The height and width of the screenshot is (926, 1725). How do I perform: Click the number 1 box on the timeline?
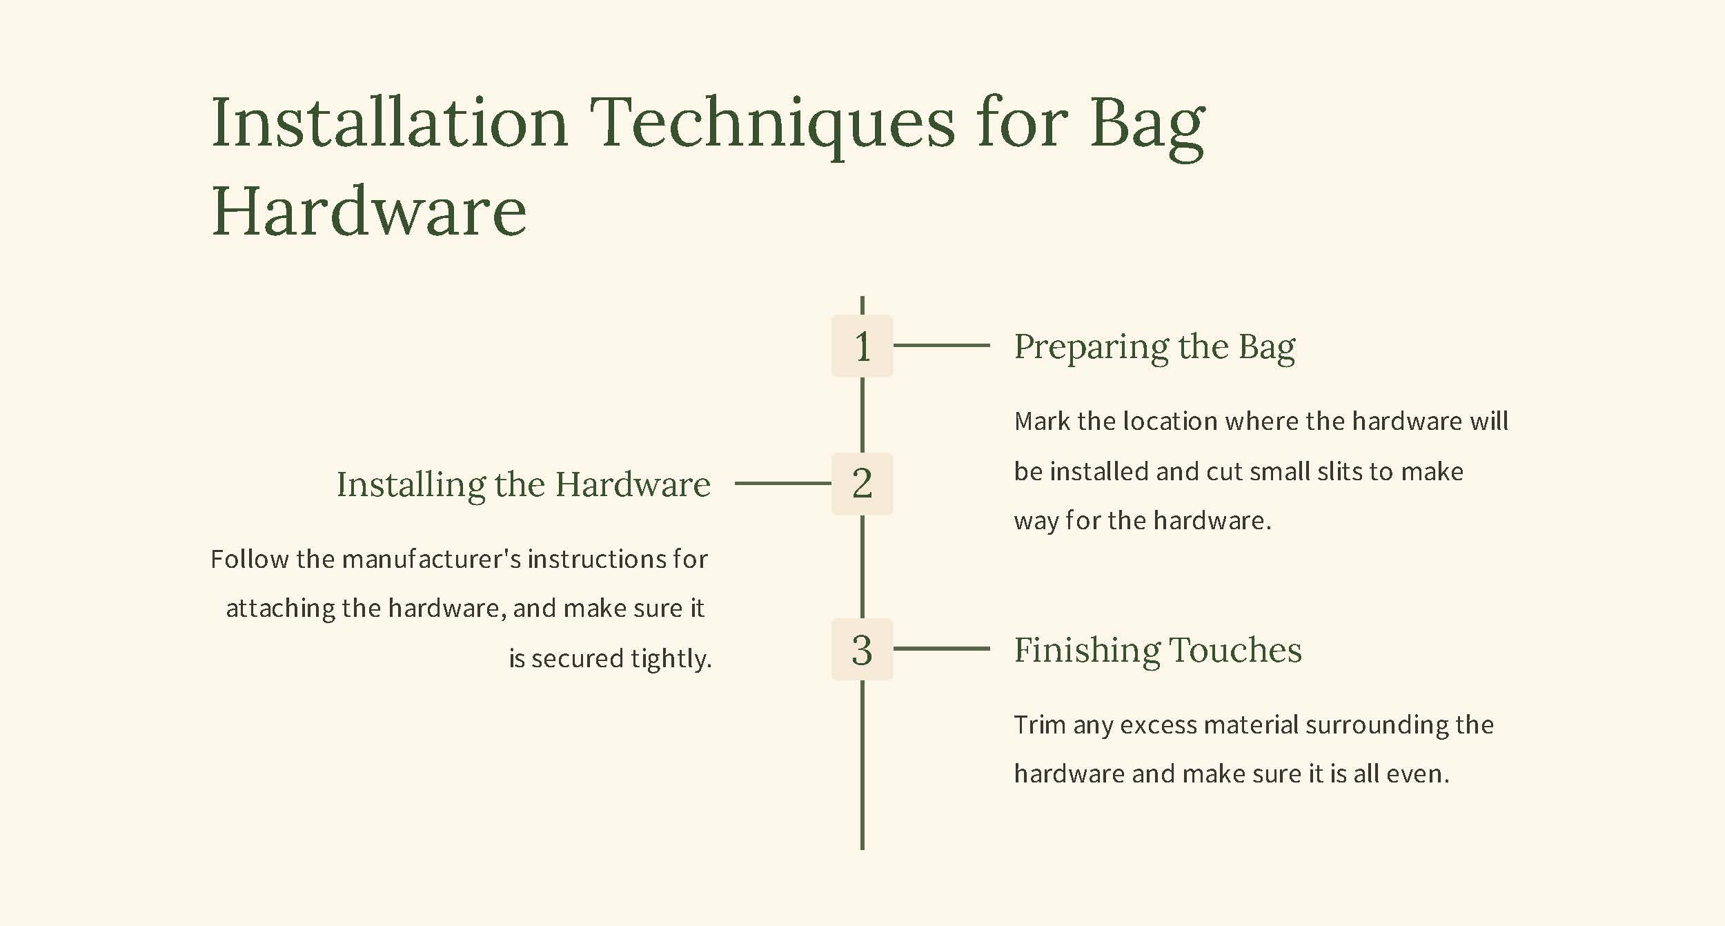862,346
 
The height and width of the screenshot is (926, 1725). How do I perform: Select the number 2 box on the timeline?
862,484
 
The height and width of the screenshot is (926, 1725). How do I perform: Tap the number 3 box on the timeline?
862,649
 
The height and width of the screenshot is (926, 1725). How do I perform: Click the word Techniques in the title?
772,124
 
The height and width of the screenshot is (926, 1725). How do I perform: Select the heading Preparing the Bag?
1154,347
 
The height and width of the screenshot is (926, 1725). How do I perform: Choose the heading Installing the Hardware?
523,484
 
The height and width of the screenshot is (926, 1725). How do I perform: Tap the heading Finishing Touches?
1158,650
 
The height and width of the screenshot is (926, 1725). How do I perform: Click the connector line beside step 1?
942,345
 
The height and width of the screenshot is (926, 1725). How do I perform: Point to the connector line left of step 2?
783,483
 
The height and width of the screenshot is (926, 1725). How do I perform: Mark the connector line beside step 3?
942,649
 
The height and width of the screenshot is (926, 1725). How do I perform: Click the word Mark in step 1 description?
1042,421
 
